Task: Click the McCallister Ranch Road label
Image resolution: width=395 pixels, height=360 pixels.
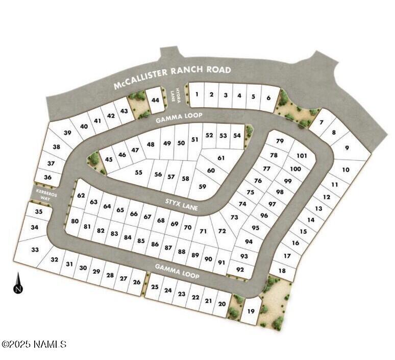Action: click(x=172, y=77)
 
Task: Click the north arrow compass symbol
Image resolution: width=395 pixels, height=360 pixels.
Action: click(x=18, y=283)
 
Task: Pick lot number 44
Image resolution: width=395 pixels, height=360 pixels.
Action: click(x=155, y=100)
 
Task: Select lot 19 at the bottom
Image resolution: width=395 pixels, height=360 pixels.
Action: click(x=251, y=311)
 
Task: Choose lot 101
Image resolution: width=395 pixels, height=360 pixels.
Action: click(x=301, y=156)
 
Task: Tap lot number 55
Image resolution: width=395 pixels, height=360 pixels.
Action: click(x=138, y=173)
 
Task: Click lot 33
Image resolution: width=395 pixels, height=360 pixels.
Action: click(x=35, y=250)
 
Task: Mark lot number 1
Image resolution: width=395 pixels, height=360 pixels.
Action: click(x=196, y=94)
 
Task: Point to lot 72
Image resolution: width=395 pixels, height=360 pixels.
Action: click(x=221, y=231)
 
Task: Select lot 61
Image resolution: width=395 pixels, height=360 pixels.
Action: click(x=221, y=158)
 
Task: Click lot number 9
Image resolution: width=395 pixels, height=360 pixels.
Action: click(x=347, y=148)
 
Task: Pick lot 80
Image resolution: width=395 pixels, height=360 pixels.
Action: click(x=75, y=222)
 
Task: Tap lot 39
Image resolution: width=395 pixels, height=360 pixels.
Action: click(x=67, y=133)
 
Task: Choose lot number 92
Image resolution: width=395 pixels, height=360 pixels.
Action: click(x=240, y=269)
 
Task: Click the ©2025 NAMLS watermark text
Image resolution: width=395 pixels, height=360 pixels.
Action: click(x=34, y=345)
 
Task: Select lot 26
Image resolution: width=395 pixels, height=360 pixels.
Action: click(x=136, y=282)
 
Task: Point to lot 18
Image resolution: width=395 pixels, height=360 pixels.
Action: click(x=282, y=271)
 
